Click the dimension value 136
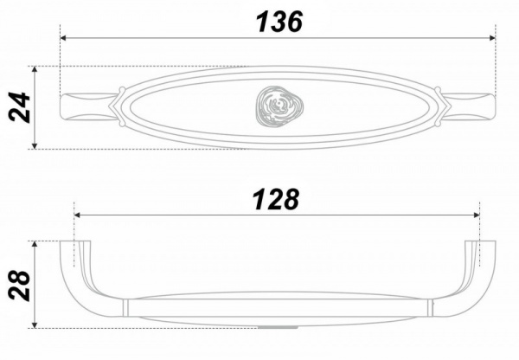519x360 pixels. pos(279,22)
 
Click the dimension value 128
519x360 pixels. pos(276,200)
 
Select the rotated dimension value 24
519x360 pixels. pos(20,107)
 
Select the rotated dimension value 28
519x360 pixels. pos(20,286)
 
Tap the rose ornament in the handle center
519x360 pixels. pos(279,106)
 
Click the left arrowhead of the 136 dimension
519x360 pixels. pos(63,38)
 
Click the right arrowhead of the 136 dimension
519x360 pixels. pos(492,38)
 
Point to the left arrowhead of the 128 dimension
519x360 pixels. pos(78,215)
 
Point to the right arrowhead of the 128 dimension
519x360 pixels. pos(477,215)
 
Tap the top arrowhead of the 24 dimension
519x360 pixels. pos(35,69)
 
